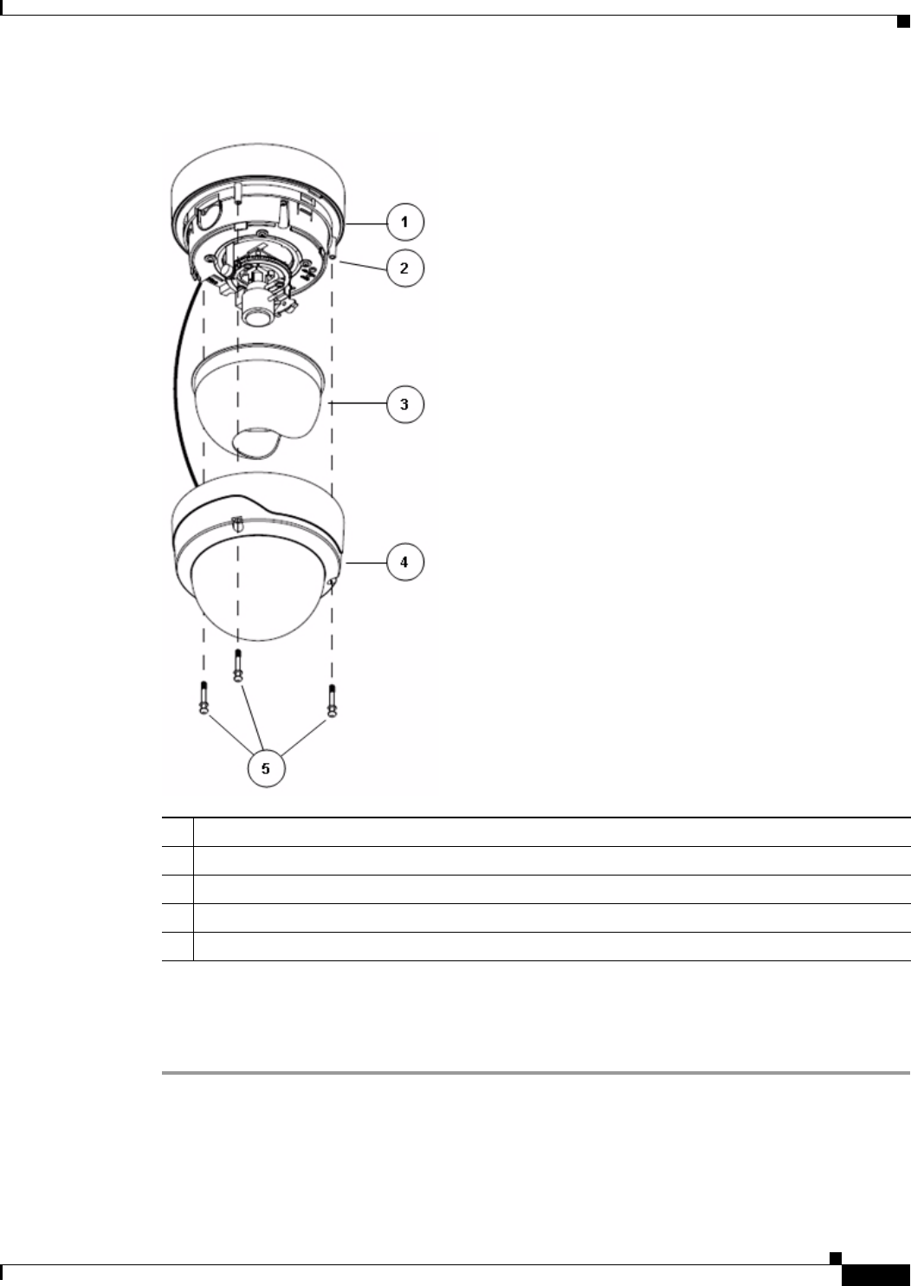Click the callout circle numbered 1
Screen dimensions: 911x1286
pyautogui.click(x=405, y=222)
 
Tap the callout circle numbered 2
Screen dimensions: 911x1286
pyautogui.click(x=405, y=268)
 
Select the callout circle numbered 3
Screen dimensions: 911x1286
pyautogui.click(x=405, y=404)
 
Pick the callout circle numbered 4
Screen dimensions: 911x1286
pyautogui.click(x=405, y=562)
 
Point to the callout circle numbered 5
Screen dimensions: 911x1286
pyautogui.click(x=267, y=768)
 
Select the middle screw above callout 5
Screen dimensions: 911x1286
pyautogui.click(x=237, y=666)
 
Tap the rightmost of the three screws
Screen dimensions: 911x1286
pyautogui.click(x=332, y=701)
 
